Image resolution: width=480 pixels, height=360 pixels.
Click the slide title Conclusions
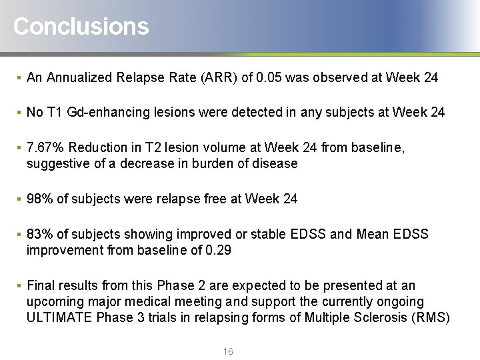(x=81, y=27)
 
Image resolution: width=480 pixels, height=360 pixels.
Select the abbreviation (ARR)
(x=217, y=77)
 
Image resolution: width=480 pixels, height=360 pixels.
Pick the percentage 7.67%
(x=45, y=147)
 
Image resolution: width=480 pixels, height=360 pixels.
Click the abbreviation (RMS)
(x=431, y=317)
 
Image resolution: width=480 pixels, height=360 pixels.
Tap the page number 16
(x=228, y=351)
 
